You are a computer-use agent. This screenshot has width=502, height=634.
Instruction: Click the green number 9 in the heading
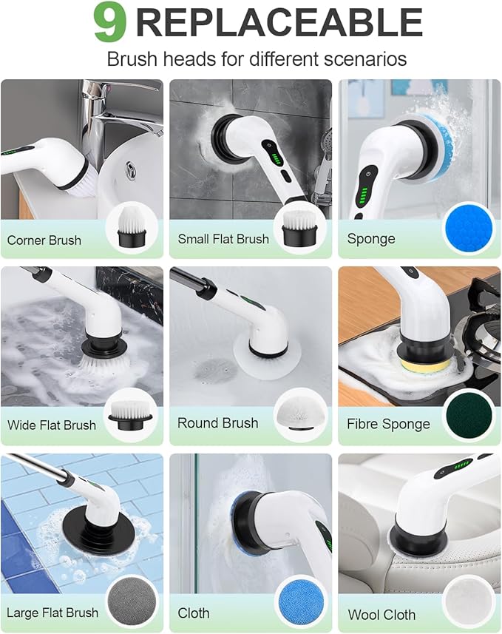(109, 23)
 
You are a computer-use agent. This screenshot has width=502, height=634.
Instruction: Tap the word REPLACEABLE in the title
(279, 23)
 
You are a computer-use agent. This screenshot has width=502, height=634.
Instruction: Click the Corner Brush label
(44, 240)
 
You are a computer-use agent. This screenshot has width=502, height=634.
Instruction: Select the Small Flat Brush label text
(223, 239)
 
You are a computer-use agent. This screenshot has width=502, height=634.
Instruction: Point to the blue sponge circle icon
(467, 230)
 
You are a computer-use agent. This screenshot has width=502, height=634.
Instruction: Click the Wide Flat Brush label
(52, 425)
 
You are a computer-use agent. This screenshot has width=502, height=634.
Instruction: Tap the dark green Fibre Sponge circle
(468, 417)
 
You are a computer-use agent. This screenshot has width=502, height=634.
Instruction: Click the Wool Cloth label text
(381, 615)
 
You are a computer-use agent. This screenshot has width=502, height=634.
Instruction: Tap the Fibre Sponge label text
(388, 425)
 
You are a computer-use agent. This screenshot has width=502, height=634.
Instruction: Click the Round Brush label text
(217, 423)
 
